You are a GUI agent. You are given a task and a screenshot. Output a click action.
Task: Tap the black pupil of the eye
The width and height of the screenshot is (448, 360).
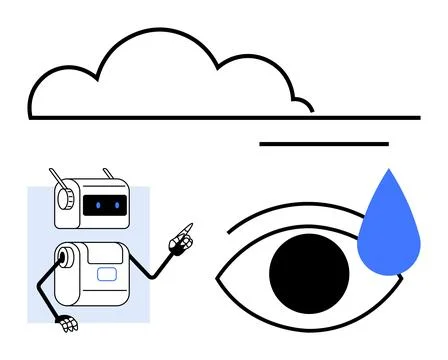pyautogui.click(x=310, y=270)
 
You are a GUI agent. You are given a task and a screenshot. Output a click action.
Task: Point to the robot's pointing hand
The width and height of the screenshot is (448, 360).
pyautogui.click(x=181, y=241)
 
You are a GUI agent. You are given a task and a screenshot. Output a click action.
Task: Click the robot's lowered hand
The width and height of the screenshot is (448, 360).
pyautogui.click(x=68, y=323)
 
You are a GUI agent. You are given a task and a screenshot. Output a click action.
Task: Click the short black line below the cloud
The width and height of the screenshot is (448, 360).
pyautogui.click(x=323, y=144)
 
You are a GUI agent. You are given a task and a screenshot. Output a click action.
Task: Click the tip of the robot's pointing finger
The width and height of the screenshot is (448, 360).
pyautogui.click(x=191, y=224)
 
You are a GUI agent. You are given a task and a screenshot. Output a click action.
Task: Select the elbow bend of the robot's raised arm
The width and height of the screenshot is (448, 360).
pyautogui.click(x=151, y=276)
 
